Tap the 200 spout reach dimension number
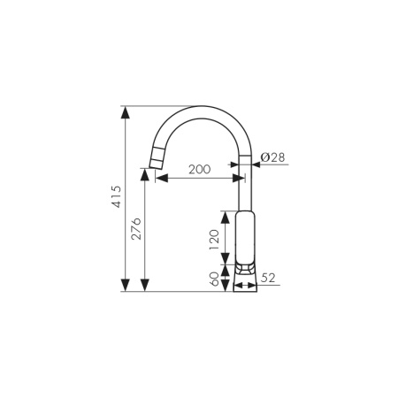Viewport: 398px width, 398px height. click(x=200, y=169)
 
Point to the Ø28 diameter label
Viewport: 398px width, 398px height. click(x=272, y=157)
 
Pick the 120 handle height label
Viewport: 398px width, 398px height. click(x=212, y=239)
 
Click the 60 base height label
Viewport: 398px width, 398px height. click(x=212, y=280)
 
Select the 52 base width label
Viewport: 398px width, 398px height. click(x=268, y=278)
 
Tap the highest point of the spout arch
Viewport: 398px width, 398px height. click(x=203, y=111)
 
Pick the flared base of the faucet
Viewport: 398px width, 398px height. click(x=246, y=278)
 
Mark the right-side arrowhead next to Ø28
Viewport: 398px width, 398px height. click(x=256, y=164)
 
